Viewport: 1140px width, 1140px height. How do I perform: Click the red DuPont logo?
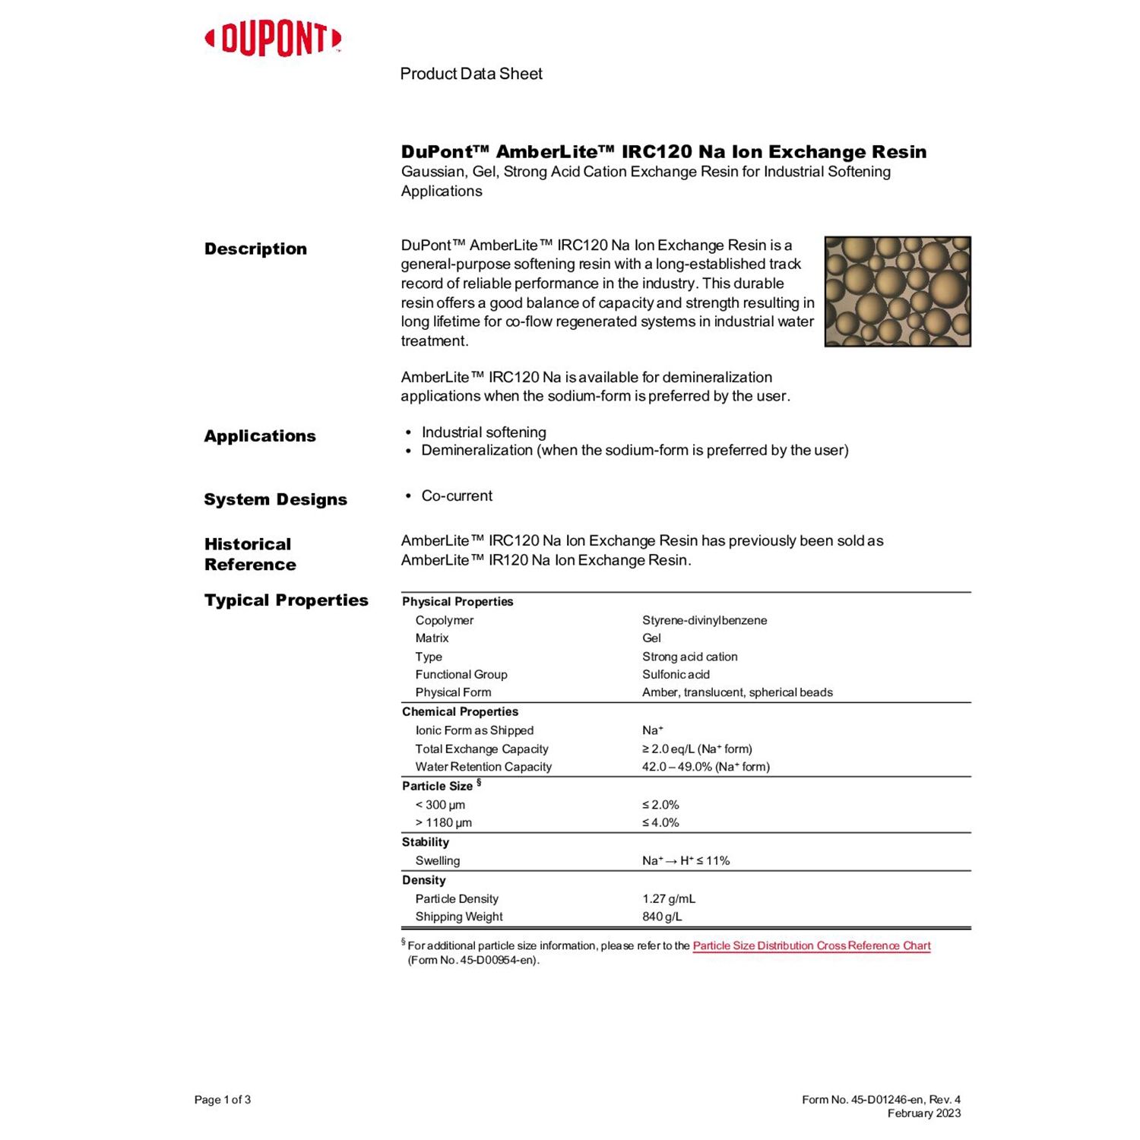(273, 39)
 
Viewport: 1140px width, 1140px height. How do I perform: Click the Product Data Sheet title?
(471, 74)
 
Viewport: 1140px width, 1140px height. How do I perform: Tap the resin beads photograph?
(897, 291)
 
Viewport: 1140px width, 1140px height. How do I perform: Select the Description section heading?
(255, 249)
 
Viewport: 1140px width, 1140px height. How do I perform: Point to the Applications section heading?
(260, 435)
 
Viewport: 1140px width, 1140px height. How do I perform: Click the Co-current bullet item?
(457, 496)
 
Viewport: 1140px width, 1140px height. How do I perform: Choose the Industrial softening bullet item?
(483, 432)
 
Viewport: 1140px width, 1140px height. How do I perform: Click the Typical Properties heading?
(286, 600)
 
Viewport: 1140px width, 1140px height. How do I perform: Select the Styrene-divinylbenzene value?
(705, 620)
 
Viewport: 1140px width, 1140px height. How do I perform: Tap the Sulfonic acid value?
(676, 674)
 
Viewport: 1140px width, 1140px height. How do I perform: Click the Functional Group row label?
(461, 674)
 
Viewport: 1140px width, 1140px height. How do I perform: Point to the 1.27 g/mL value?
(669, 898)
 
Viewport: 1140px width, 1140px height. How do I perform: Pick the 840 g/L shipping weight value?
(662, 917)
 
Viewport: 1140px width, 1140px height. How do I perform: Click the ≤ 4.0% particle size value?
(660, 822)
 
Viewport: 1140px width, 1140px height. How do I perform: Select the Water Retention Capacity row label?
(483, 767)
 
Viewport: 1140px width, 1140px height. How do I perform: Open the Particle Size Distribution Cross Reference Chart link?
(811, 945)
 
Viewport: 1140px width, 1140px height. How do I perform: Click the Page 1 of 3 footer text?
(223, 1100)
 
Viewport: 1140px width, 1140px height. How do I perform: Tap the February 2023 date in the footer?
(923, 1113)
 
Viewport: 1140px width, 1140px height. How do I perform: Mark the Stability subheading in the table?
(426, 842)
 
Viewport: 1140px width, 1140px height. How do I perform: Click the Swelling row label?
(437, 860)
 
